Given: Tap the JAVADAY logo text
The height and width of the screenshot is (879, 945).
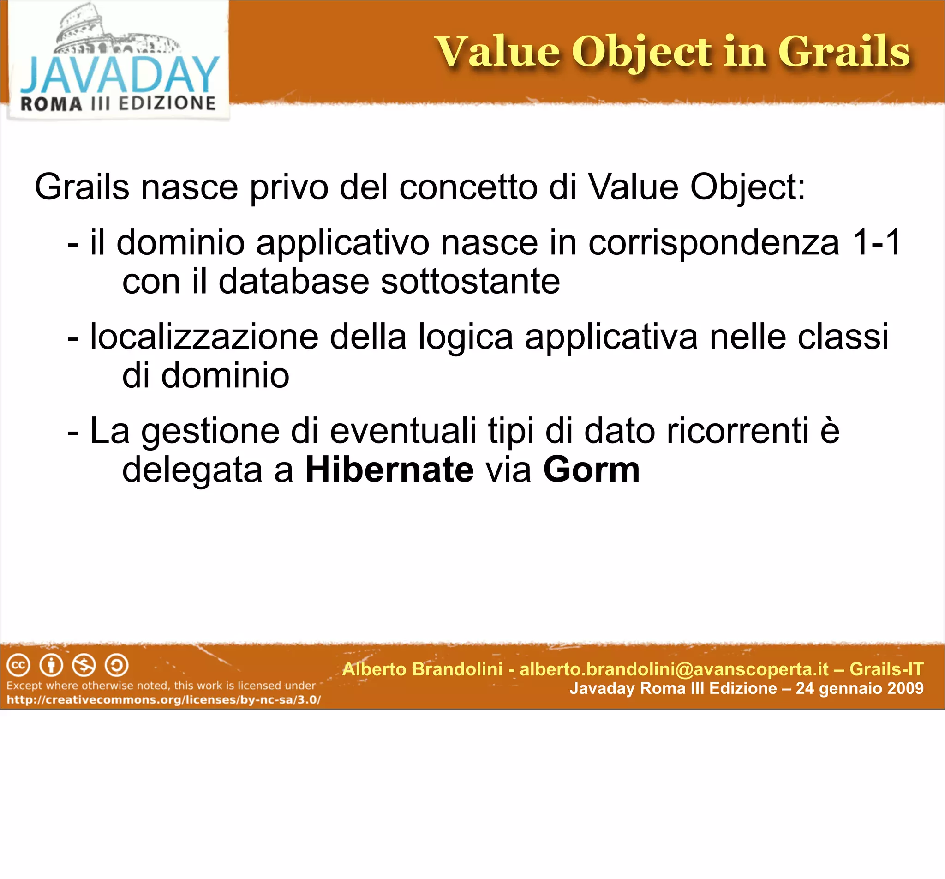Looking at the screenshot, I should pyautogui.click(x=119, y=75).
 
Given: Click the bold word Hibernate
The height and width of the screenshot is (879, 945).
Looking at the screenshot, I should pyautogui.click(x=389, y=470).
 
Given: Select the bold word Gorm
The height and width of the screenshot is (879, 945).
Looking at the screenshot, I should pyautogui.click(x=592, y=470).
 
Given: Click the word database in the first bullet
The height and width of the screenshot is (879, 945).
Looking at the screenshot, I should pyautogui.click(x=293, y=281).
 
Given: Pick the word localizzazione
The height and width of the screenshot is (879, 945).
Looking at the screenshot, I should pyautogui.click(x=204, y=337).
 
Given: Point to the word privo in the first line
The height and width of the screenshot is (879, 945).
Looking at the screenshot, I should pyautogui.click(x=288, y=187).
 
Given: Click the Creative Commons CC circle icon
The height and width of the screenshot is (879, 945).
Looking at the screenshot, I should pyautogui.click(x=18, y=665).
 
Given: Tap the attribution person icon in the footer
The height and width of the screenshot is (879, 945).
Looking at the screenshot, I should pyautogui.click(x=51, y=665).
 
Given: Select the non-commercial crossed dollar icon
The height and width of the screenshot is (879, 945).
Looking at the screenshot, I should pyautogui.click(x=84, y=665).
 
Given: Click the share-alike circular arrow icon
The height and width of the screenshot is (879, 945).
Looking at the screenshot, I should pyautogui.click(x=116, y=665).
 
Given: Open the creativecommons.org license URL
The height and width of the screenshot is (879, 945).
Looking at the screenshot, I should pyautogui.click(x=163, y=700).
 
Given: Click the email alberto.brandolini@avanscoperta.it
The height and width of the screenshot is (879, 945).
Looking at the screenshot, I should pyautogui.click(x=674, y=669).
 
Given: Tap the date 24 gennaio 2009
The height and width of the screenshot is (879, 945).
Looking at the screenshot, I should pyautogui.click(x=860, y=688).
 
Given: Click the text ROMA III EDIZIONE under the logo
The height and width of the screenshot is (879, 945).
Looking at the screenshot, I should pyautogui.click(x=118, y=104).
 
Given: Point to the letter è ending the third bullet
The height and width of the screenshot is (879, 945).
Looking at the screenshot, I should pyautogui.click(x=830, y=431).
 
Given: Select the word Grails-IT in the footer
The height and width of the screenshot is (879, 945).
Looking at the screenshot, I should pyautogui.click(x=886, y=669).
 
